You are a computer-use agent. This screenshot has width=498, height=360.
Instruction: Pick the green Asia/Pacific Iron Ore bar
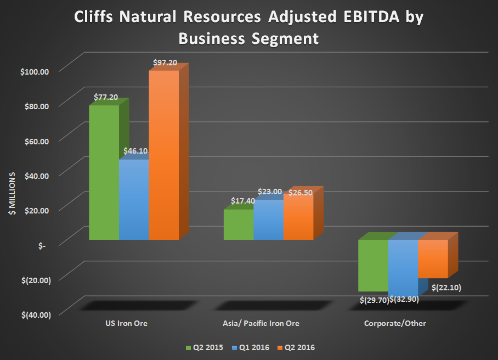238,225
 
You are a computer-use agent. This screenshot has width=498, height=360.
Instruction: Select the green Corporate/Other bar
373,266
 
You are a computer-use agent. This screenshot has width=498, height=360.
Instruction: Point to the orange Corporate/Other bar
433,259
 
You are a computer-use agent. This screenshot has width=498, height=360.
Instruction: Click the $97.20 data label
164,63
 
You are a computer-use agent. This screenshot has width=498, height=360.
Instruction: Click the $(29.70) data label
374,300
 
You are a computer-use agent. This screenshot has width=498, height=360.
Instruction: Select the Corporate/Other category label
395,324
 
